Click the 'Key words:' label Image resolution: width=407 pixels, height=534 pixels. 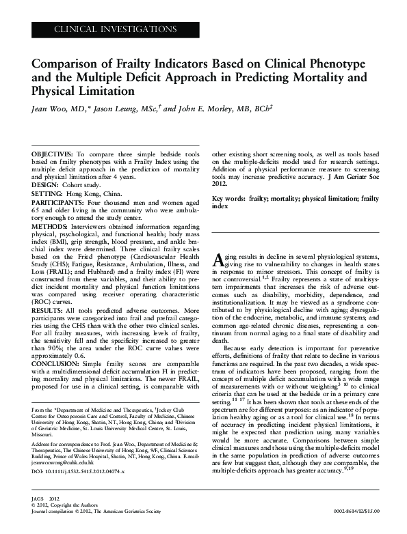coord(229,198)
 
